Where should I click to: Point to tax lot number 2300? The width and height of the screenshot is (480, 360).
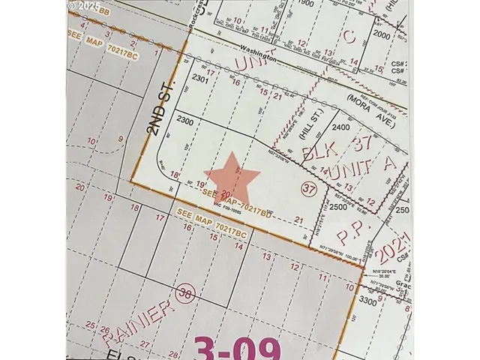tap(184, 120)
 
